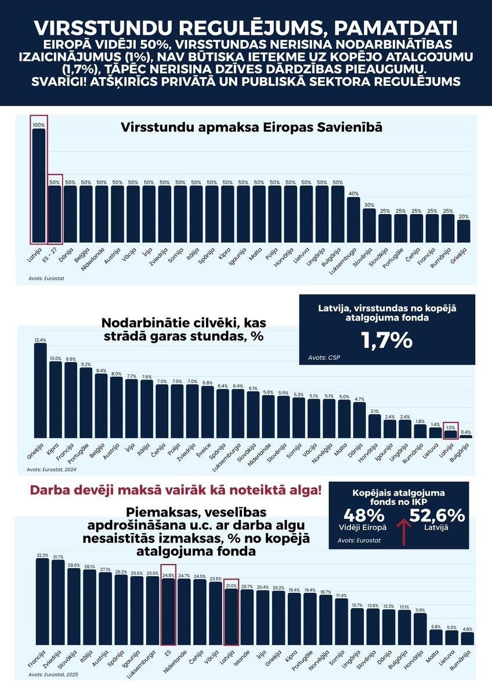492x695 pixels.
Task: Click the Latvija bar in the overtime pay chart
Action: click(x=39, y=185)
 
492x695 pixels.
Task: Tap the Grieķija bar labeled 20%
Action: click(x=464, y=231)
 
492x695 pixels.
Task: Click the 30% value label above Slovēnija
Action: click(x=369, y=205)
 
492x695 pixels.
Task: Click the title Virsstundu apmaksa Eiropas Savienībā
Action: click(x=251, y=128)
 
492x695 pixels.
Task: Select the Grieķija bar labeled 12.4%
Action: click(x=41, y=391)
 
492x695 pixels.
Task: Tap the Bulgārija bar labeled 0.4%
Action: click(x=466, y=436)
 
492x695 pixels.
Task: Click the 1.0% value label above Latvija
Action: click(x=451, y=427)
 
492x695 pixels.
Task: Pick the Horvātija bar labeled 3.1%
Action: click(x=375, y=426)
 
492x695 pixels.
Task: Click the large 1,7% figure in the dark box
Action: click(x=387, y=340)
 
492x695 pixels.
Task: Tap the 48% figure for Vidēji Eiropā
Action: click(x=364, y=515)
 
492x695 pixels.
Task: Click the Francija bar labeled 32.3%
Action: click(x=43, y=602)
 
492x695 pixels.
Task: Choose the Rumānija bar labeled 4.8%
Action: click(x=468, y=638)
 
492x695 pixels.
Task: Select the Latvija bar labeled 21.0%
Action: click(x=231, y=617)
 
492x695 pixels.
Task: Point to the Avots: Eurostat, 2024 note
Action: click(x=53, y=470)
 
